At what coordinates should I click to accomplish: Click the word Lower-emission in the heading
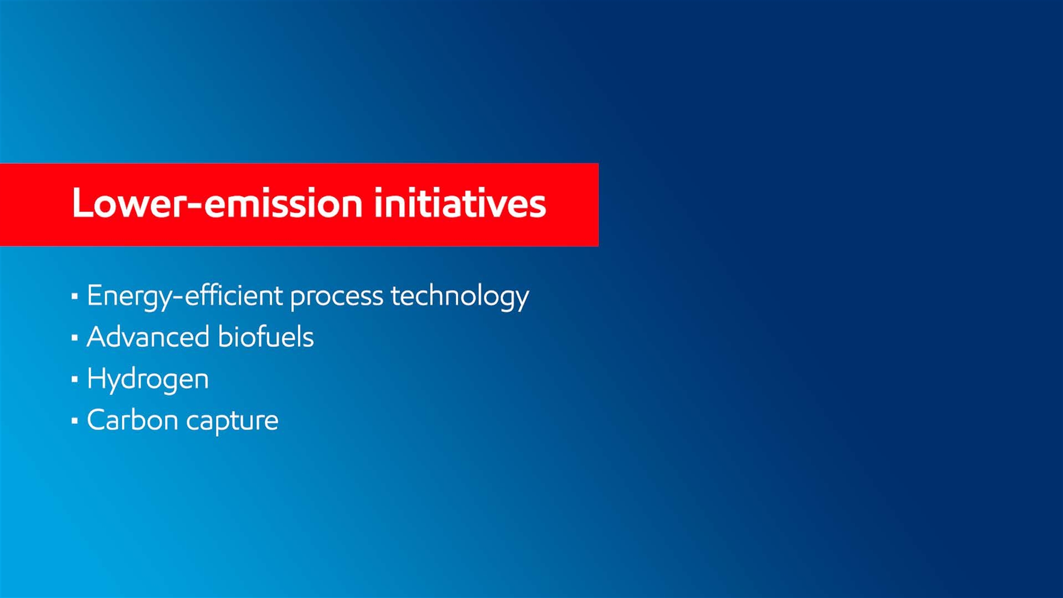[217, 203]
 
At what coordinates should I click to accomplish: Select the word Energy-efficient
[185, 296]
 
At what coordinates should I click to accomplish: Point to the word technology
[460, 296]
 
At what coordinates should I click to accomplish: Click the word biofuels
[266, 337]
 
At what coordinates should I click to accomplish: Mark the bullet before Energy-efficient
[75, 296]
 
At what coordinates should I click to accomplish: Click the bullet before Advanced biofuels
[75, 337]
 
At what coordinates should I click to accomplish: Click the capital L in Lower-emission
[82, 203]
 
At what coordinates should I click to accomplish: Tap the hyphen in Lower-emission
[195, 205]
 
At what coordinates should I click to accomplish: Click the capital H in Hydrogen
[97, 378]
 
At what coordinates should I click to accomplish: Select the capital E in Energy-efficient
[95, 295]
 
